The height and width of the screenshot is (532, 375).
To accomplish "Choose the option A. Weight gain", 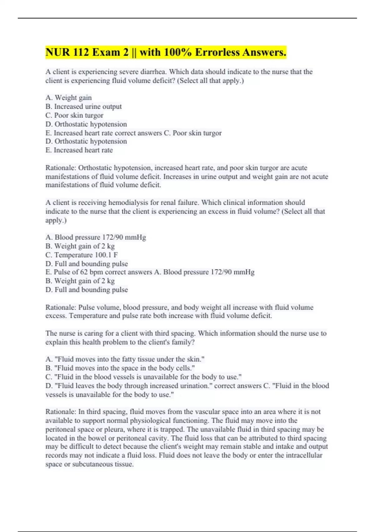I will pyautogui.click(x=69, y=98).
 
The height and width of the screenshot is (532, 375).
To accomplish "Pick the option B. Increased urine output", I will pyautogui.click(x=84, y=106).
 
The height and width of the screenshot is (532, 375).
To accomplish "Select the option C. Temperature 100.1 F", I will pyautogui.click(x=82, y=255).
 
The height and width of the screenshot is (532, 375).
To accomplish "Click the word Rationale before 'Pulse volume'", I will pyautogui.click(x=60, y=307).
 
